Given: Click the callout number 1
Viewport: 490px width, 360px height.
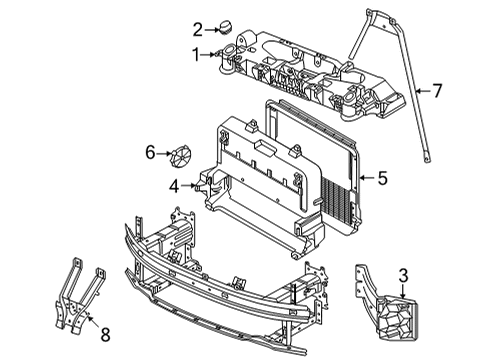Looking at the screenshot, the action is (x=197, y=54).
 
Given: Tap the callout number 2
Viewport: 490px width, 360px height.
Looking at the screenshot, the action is (x=198, y=30).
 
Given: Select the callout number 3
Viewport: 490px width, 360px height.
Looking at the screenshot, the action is (x=403, y=276).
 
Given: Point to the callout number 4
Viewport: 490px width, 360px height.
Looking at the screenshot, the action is (x=174, y=186).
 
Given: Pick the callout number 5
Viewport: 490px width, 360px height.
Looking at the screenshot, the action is (x=383, y=178).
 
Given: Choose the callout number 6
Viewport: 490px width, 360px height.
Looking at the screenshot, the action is (x=150, y=153).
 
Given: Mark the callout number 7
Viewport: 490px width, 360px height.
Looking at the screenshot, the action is (x=437, y=91).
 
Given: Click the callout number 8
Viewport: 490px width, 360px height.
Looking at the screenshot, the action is (x=105, y=334).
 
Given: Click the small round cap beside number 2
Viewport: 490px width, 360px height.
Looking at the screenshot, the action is (x=226, y=27).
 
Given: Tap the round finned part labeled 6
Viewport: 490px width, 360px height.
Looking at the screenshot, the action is (x=181, y=157).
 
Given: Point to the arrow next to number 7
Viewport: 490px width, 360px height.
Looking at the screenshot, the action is (x=423, y=91).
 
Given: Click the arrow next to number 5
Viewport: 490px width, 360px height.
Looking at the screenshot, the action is (x=368, y=178).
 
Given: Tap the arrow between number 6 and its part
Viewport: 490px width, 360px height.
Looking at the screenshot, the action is (x=164, y=153).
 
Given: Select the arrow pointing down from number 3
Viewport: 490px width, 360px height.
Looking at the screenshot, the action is (x=403, y=291).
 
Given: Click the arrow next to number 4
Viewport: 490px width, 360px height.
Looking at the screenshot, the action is (x=188, y=186).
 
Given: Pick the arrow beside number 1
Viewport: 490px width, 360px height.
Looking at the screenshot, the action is (x=209, y=54).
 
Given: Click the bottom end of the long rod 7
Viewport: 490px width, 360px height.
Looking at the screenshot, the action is (x=427, y=161).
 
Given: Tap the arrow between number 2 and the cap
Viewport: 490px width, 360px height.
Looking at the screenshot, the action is (x=212, y=30).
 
